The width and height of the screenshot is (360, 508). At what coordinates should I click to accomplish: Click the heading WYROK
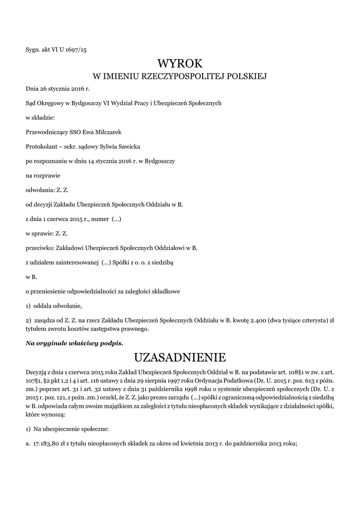(180, 63)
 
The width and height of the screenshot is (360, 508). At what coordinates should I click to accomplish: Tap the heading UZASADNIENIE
(180, 357)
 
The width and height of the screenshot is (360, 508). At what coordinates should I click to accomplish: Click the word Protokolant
(40, 147)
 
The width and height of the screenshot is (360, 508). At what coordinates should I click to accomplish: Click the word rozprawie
(45, 176)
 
